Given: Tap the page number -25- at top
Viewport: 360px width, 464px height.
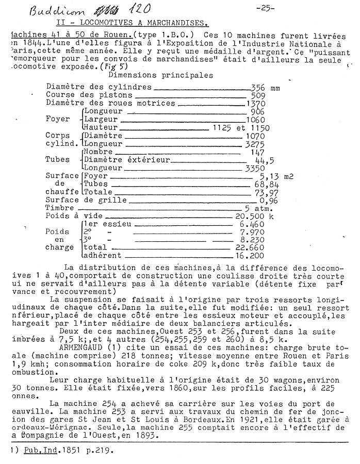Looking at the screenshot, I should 265,8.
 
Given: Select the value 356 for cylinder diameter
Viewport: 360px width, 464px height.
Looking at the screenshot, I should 257,88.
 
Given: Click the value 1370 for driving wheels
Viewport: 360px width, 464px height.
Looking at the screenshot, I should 255,104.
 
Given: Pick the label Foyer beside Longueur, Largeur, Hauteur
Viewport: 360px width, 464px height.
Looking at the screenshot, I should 57,119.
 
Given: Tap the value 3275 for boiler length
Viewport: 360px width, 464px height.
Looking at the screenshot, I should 255,144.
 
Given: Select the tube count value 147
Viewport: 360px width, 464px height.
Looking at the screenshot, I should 257,152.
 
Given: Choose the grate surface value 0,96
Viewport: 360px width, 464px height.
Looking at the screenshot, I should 261,200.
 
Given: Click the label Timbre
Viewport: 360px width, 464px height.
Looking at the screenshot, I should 61,208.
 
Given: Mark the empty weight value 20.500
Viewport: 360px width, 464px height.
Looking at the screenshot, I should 250,216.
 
